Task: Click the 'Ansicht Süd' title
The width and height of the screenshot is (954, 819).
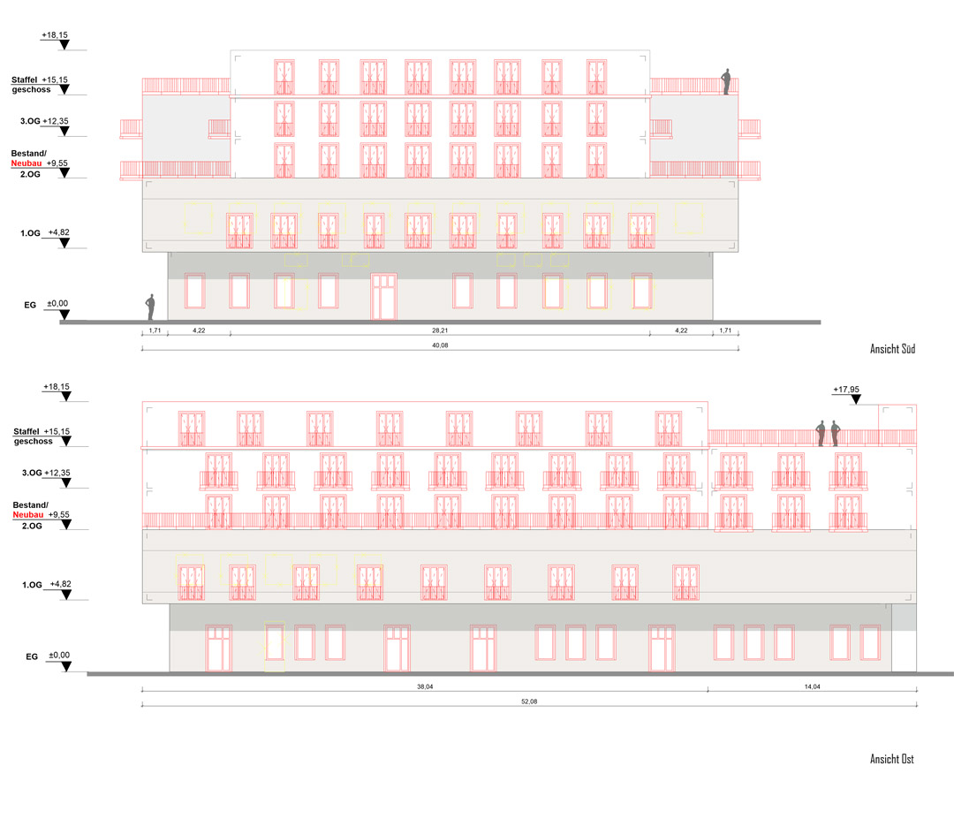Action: point(892,350)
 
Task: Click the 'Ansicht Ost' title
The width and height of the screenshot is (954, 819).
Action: point(891,759)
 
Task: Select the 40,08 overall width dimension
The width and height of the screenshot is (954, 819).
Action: point(438,345)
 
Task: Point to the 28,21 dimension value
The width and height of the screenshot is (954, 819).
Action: point(438,330)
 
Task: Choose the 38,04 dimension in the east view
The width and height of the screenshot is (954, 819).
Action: point(424,686)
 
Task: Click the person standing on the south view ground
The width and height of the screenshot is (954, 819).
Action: point(151,307)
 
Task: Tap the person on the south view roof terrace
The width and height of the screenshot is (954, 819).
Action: point(727,81)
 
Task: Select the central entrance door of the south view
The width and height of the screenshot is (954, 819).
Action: point(383,296)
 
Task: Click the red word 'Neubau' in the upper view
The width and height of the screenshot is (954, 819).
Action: point(26,163)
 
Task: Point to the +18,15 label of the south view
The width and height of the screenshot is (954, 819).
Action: point(55,34)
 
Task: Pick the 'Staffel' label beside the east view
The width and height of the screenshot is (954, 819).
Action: point(26,431)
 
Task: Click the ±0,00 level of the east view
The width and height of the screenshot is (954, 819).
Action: point(59,655)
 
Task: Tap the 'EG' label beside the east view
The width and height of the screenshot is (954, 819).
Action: point(31,656)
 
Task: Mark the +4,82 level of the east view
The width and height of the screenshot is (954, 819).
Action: point(61,584)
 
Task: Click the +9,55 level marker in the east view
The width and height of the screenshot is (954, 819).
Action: point(60,514)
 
